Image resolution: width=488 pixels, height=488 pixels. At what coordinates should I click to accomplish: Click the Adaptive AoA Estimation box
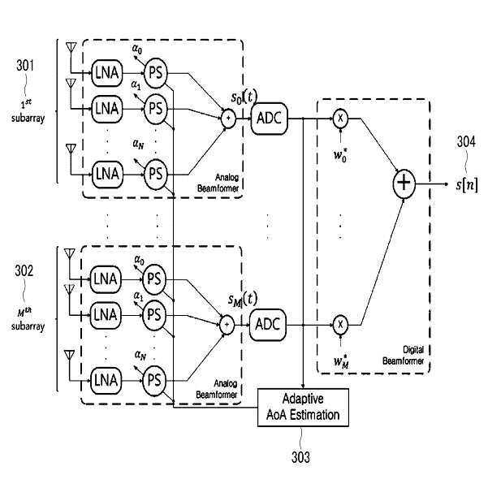[303, 407]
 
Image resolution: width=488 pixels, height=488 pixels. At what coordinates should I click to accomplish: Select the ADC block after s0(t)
[270, 119]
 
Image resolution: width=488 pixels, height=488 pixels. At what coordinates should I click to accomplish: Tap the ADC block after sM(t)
[268, 325]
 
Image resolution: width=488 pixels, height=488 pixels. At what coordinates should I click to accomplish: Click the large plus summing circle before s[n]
[404, 184]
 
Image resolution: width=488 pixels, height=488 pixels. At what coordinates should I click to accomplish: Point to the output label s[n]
[467, 184]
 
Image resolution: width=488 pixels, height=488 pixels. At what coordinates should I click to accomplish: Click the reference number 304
[466, 142]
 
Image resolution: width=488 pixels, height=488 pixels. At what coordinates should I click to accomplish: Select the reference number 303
[300, 457]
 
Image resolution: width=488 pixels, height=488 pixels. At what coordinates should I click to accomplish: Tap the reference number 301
[25, 65]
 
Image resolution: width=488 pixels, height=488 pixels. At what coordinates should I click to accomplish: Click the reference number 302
[24, 270]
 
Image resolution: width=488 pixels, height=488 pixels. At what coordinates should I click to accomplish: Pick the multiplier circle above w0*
[340, 119]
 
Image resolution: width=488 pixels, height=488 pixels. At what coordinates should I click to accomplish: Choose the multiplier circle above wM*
[340, 325]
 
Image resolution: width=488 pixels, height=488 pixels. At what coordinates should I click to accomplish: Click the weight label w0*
[340, 154]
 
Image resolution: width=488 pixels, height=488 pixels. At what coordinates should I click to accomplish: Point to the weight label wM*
[341, 361]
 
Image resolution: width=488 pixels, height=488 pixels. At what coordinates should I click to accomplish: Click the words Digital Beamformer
[404, 356]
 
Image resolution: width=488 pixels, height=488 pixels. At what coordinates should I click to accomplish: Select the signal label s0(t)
[244, 97]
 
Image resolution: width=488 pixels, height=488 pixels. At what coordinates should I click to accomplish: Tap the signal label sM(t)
[243, 299]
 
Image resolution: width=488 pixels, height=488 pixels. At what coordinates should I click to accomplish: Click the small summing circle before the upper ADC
[228, 119]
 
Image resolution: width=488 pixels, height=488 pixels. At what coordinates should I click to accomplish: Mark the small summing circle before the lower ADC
[227, 325]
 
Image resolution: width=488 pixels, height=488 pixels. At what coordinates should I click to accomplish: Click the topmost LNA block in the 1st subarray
[106, 73]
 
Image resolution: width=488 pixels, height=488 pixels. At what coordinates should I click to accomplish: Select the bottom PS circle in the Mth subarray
[154, 380]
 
